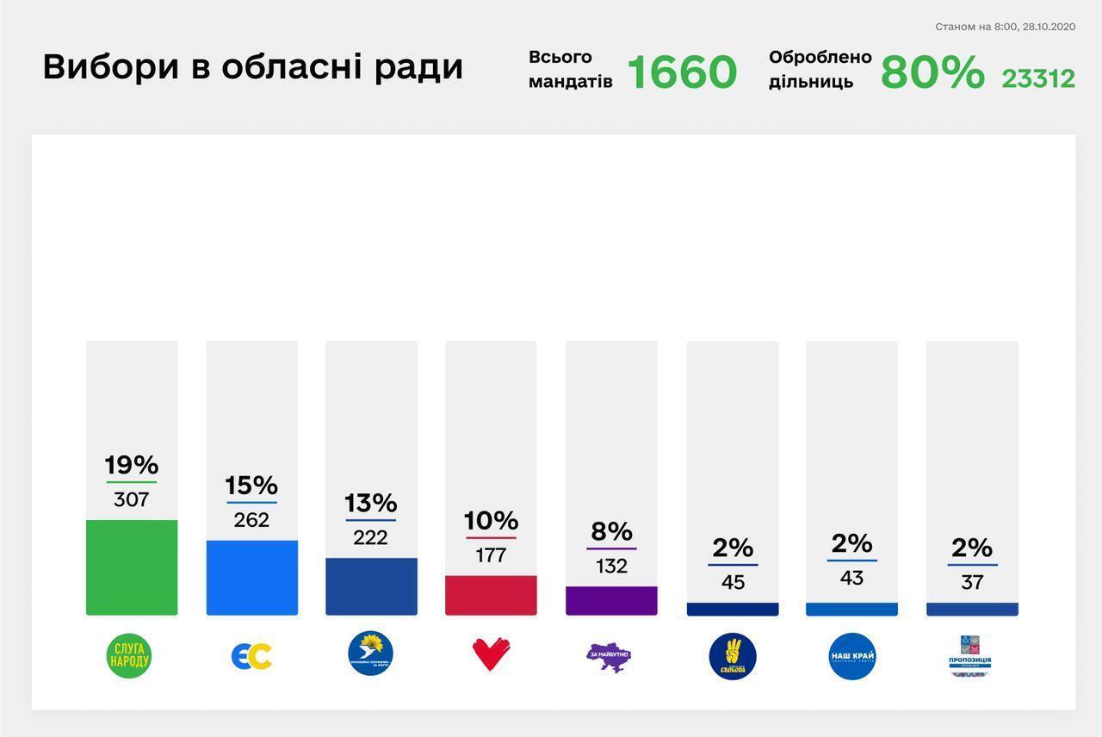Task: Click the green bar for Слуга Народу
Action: pyautogui.click(x=132, y=567)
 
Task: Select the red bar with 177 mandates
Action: pyautogui.click(x=491, y=595)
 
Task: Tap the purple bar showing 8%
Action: pyautogui.click(x=611, y=600)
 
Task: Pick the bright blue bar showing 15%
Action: pyautogui.click(x=251, y=578)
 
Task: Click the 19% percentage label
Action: pyautogui.click(x=132, y=465)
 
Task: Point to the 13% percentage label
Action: pyautogui.click(x=371, y=502)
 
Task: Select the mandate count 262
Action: pyautogui.click(x=251, y=520)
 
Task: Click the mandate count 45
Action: pyautogui.click(x=733, y=583)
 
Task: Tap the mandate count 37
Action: pyautogui.click(x=972, y=583)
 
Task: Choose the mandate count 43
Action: pyautogui.click(x=851, y=578)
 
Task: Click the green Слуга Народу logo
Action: pyautogui.click(x=129, y=656)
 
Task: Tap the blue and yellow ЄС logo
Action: pyautogui.click(x=251, y=656)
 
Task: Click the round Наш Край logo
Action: pyautogui.click(x=851, y=656)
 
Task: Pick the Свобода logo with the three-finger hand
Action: pyautogui.click(x=733, y=656)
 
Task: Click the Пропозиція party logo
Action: pyautogui.click(x=970, y=656)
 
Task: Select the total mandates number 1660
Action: pyautogui.click(x=682, y=72)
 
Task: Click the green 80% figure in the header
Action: pyautogui.click(x=932, y=72)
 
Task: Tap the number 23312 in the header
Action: pyautogui.click(x=1038, y=79)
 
